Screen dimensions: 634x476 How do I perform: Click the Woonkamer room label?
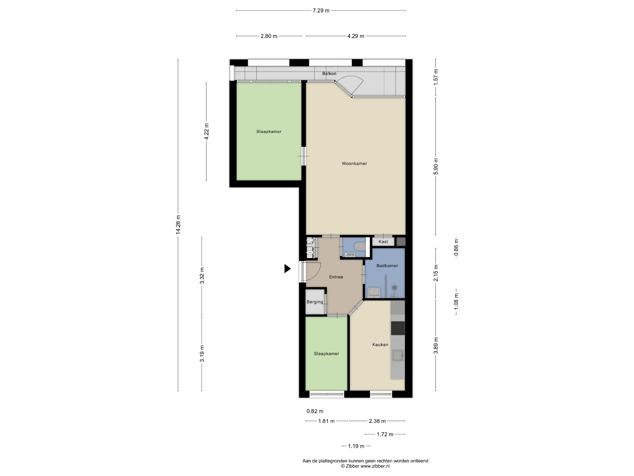click(354, 164)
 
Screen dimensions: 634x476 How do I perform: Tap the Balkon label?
click(329, 73)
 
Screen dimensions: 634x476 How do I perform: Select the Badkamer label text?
click(387, 266)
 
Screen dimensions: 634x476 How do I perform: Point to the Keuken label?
click(380, 345)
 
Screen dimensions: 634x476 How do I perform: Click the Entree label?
click(336, 277)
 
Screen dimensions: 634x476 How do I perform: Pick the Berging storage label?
click(315, 302)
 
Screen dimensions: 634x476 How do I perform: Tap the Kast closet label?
click(383, 242)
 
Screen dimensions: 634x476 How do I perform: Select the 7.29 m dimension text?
click(321, 11)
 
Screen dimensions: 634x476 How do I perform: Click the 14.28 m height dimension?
click(178, 225)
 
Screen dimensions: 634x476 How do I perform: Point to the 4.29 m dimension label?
click(356, 36)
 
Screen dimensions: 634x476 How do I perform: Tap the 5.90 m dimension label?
click(436, 166)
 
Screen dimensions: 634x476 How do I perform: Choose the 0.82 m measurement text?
click(315, 411)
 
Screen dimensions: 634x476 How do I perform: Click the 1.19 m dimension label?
click(356, 446)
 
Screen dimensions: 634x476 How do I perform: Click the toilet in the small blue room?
click(360, 246)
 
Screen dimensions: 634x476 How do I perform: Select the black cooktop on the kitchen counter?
click(398, 328)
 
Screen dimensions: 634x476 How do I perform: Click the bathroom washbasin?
click(374, 293)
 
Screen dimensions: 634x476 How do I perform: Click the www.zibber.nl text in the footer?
click(375, 466)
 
